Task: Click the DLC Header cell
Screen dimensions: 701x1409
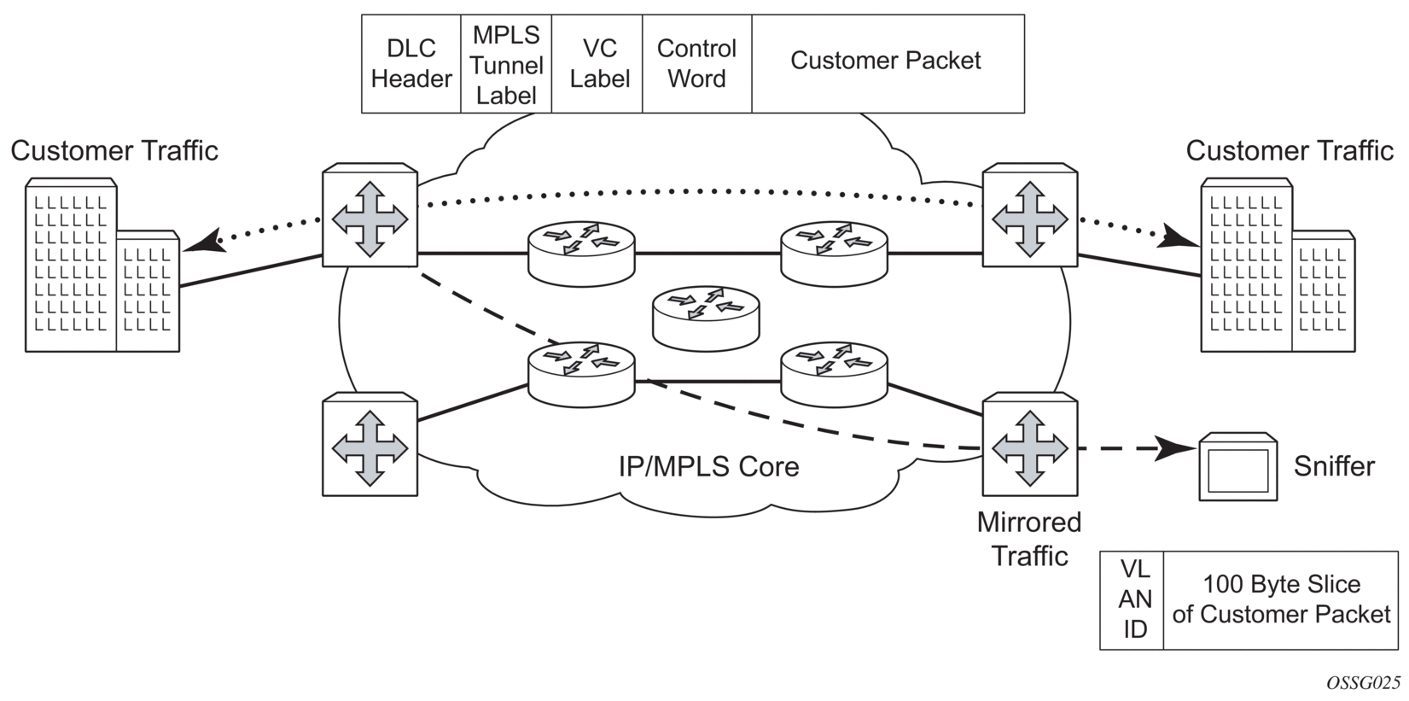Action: coord(411,64)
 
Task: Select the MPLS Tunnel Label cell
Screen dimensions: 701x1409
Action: coord(506,64)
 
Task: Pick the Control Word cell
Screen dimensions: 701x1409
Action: coord(696,64)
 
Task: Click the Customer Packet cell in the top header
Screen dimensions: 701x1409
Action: coord(887,61)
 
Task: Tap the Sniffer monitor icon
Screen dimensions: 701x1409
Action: coord(1237,467)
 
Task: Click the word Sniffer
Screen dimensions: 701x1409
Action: coord(1334,466)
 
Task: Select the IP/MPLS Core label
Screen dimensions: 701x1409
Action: coord(708,466)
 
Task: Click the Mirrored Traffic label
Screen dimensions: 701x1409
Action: coord(1029,539)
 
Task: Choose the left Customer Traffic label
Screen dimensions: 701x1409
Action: coord(114,151)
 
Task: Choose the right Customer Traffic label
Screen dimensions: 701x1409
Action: coord(1289,151)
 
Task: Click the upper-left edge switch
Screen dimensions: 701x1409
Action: coord(370,218)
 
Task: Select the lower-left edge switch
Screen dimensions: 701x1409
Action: coord(370,446)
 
